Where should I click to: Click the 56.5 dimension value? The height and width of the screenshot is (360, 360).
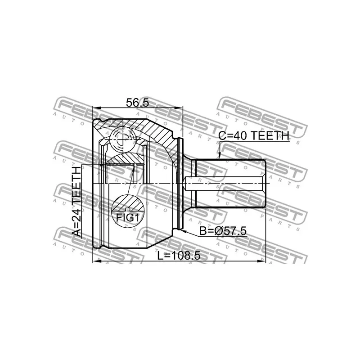138,102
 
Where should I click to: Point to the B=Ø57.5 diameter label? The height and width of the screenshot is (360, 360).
223,231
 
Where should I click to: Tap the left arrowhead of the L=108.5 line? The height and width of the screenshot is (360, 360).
95,261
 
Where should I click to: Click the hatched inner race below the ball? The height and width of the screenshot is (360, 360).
126,158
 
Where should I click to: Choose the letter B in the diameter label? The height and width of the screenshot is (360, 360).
203,231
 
